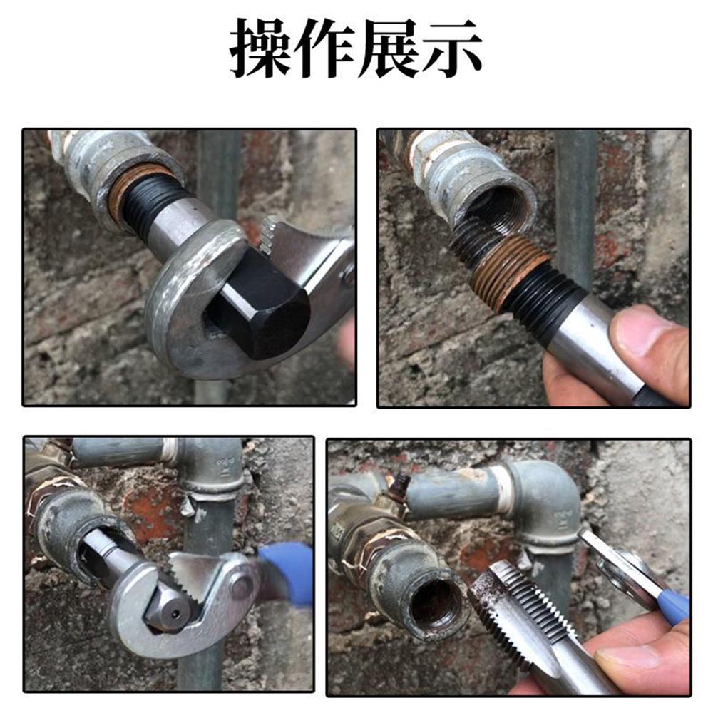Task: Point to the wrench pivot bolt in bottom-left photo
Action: coord(242,586)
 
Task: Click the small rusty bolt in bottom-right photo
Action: coord(400,488)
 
